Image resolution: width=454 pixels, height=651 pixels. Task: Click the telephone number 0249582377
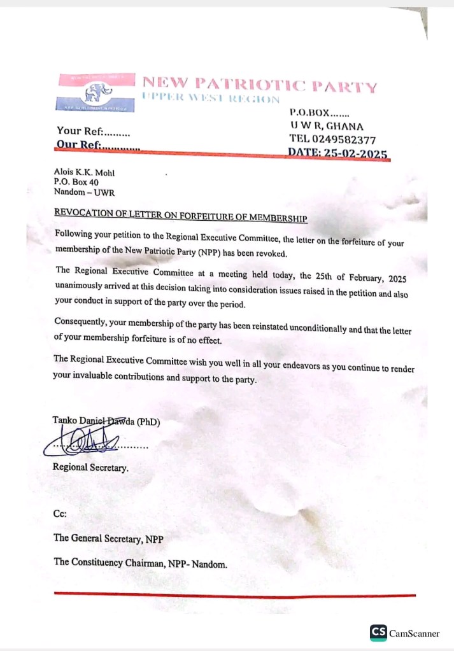[x=346, y=139]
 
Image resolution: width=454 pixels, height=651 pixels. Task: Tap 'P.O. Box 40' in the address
[x=76, y=182]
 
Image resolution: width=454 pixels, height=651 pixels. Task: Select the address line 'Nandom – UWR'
[x=80, y=192]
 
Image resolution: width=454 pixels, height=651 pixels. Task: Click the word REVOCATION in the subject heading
[x=83, y=212]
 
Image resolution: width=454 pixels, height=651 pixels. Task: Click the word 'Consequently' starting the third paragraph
[x=80, y=321]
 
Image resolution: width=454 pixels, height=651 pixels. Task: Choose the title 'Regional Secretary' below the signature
[x=90, y=468]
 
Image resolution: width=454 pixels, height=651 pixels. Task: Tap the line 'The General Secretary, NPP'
[x=108, y=538]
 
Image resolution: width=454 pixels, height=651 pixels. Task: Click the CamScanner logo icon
[x=378, y=633]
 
